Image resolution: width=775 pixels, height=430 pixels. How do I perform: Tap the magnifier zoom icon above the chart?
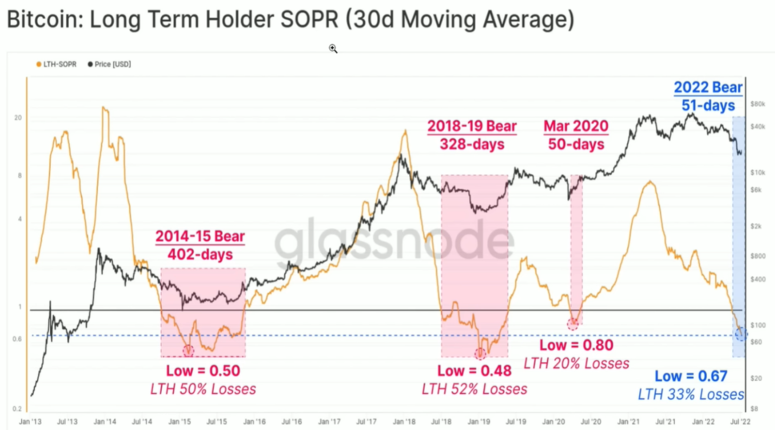pos(333,49)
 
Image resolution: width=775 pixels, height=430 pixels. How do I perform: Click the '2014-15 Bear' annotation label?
pos(200,236)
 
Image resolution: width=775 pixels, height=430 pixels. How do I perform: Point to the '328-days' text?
pos(472,144)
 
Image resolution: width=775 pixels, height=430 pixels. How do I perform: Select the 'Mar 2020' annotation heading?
pos(576,127)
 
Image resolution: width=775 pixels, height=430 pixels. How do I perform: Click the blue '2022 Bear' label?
pos(708,88)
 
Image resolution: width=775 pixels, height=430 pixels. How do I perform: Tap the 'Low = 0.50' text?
pos(203,371)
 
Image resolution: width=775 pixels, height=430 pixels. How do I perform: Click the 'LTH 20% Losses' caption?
pos(576,363)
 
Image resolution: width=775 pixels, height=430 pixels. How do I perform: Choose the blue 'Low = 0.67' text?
pos(691,376)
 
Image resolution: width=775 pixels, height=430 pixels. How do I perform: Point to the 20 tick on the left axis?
pos(17,118)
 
